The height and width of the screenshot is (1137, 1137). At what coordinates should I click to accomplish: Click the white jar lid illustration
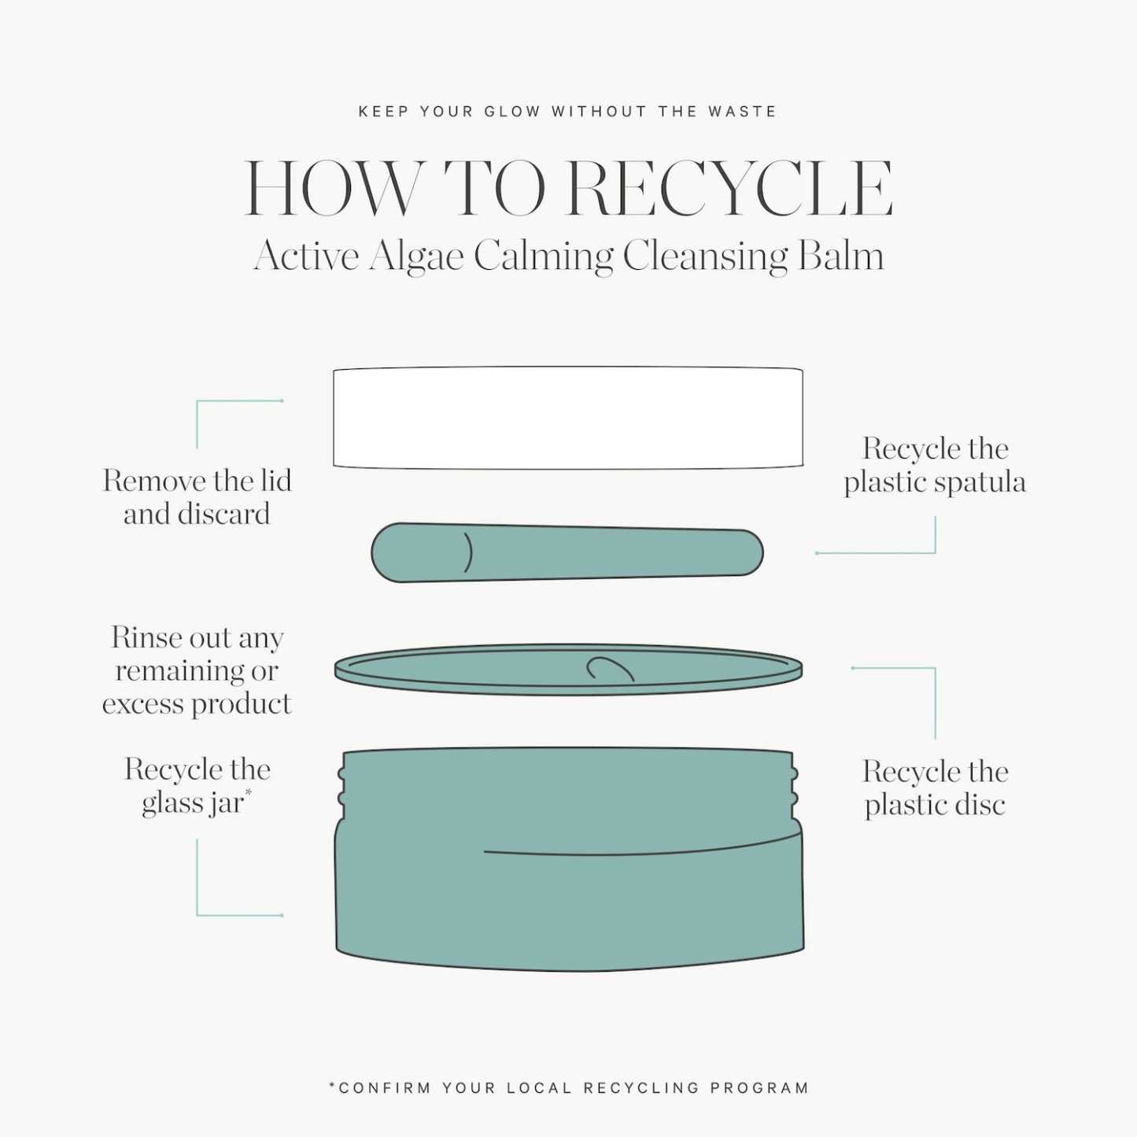click(x=567, y=418)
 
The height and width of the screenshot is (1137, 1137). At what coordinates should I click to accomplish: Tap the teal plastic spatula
click(x=567, y=552)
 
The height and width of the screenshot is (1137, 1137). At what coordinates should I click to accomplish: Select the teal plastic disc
click(x=568, y=669)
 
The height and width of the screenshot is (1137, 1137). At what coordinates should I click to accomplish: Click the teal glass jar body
click(x=570, y=861)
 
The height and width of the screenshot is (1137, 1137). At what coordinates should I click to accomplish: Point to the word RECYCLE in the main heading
click(x=729, y=188)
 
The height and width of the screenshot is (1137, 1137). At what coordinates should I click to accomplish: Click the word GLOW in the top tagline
click(x=512, y=112)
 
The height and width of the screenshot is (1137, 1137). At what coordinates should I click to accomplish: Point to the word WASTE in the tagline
click(x=742, y=112)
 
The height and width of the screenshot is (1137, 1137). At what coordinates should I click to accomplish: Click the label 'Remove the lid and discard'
click(x=197, y=497)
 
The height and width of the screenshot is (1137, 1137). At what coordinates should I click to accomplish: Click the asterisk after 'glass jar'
click(x=248, y=791)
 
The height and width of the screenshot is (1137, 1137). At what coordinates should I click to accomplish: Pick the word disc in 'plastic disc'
click(x=980, y=805)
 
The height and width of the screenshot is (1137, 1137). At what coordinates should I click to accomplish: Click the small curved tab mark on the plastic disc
click(x=610, y=669)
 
